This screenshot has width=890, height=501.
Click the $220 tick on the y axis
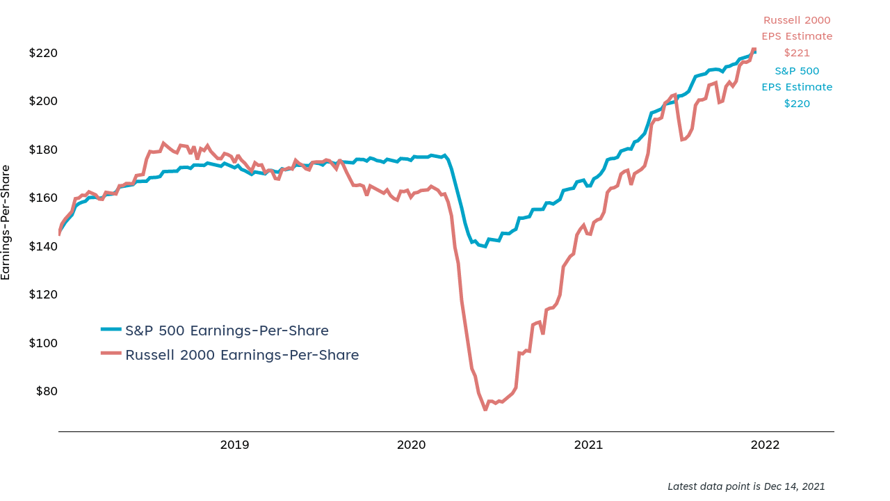click(x=43, y=53)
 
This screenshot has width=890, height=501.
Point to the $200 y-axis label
click(x=43, y=101)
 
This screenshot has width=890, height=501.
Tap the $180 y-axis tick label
click(x=43, y=150)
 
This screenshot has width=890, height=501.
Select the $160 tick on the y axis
click(x=43, y=198)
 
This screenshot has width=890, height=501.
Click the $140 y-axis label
click(x=43, y=246)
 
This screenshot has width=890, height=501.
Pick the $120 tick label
click(x=43, y=294)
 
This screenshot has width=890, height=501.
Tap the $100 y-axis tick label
click(x=43, y=343)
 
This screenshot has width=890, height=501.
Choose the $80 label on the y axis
click(x=46, y=391)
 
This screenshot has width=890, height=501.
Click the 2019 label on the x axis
click(x=235, y=445)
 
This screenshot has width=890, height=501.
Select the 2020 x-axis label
click(x=412, y=445)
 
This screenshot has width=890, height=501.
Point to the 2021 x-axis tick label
click(x=588, y=445)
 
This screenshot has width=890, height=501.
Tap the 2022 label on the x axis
click(x=766, y=445)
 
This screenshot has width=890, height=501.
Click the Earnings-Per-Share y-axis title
click(x=6, y=223)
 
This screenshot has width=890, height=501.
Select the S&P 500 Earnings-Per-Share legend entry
click(x=227, y=331)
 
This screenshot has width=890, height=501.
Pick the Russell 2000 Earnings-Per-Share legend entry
click(x=242, y=355)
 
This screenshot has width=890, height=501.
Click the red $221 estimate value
click(x=797, y=53)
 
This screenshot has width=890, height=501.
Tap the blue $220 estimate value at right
click(x=797, y=104)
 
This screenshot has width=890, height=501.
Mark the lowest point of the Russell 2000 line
click(x=485, y=410)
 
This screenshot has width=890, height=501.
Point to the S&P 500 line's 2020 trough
click(x=485, y=246)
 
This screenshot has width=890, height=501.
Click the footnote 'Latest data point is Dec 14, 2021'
click(x=746, y=486)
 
